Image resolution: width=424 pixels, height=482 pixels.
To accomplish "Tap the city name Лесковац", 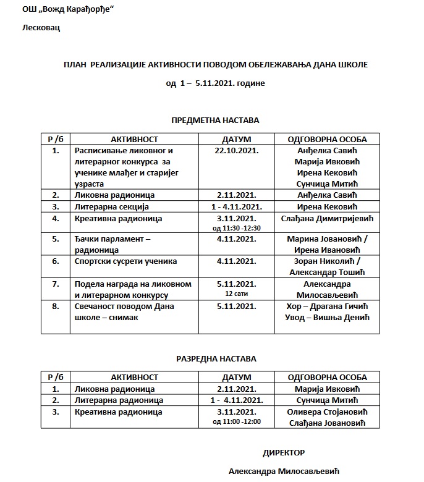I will [x=41, y=28].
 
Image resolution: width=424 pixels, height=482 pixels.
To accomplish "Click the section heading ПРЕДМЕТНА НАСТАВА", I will [x=215, y=120].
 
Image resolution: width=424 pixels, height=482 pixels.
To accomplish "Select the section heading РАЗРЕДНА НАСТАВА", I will [x=215, y=358].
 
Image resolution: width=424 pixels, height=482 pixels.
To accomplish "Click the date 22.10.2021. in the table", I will [x=236, y=150].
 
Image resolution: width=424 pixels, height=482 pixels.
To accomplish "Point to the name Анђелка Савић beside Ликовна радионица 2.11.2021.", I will [x=328, y=195].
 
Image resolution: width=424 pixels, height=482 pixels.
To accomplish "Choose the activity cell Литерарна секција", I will [x=111, y=206].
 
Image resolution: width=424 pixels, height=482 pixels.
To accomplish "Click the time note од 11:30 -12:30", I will [x=236, y=228].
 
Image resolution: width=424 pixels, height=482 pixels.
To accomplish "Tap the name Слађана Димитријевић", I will [x=328, y=218].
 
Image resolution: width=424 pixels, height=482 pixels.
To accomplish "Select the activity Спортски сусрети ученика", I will [x=116, y=261].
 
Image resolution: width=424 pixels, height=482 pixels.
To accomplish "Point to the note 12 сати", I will [x=236, y=294].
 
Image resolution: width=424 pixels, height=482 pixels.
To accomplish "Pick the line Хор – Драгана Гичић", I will [x=328, y=306].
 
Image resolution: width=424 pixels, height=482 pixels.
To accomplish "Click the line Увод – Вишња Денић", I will [x=328, y=317].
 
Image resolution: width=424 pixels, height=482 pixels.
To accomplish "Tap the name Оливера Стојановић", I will [x=328, y=412].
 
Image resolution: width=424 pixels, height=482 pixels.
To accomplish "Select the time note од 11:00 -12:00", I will [x=236, y=421].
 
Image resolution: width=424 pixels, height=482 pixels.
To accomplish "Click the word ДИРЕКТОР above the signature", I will [x=284, y=452].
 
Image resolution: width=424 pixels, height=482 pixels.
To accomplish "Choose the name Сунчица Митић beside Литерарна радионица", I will [x=328, y=400].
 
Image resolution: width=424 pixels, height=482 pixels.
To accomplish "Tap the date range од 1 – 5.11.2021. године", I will [x=215, y=83].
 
